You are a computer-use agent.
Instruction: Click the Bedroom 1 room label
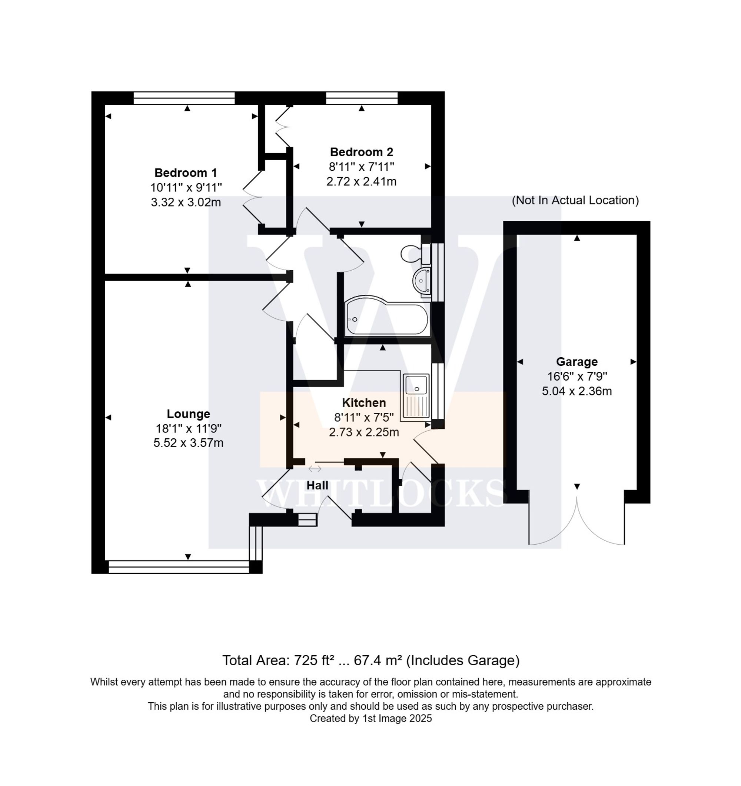(x=186, y=173)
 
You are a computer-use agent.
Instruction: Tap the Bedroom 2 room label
(x=361, y=152)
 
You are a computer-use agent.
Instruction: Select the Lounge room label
(x=188, y=414)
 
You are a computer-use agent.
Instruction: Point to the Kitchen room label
(x=363, y=402)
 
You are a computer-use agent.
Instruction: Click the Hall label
(x=317, y=485)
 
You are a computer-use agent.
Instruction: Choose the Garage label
(x=576, y=361)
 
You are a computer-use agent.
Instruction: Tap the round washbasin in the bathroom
(x=422, y=280)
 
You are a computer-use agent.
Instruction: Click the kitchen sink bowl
(x=416, y=385)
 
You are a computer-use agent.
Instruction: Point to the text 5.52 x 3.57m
(x=188, y=443)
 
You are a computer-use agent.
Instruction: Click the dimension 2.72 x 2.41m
(x=361, y=181)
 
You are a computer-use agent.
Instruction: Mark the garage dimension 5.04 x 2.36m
(x=576, y=391)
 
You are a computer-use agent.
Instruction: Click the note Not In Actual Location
(x=575, y=200)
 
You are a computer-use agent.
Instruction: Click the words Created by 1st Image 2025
(x=370, y=718)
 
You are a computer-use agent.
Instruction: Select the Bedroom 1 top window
(x=184, y=98)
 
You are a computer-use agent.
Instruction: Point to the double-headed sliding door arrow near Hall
(x=315, y=469)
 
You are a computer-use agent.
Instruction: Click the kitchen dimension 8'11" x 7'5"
(x=363, y=417)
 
